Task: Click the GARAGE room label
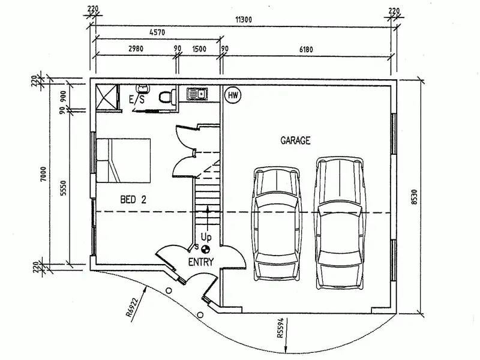295,141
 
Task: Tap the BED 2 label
133,200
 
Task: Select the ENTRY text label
200,262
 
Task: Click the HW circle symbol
232,95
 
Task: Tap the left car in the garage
276,223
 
